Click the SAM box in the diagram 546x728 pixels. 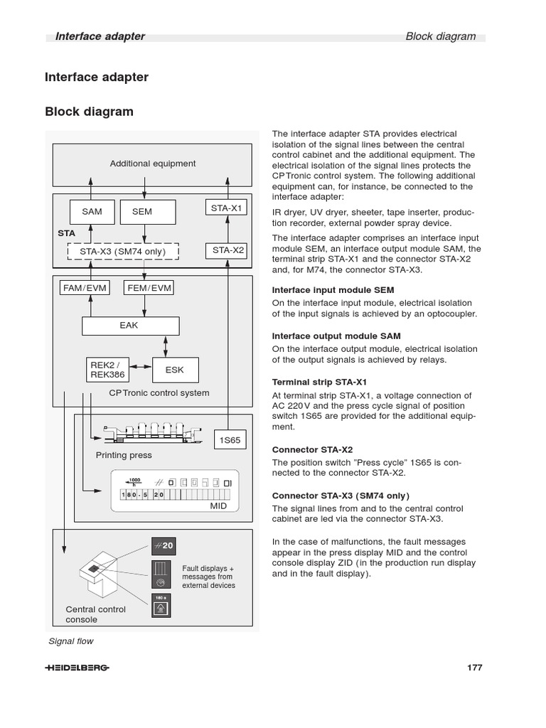(92, 212)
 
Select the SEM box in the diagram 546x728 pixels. (142, 212)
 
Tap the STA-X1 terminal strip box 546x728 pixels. (227, 208)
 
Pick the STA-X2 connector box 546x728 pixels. (227, 250)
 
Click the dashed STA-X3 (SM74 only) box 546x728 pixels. (122, 252)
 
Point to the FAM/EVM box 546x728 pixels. (85, 288)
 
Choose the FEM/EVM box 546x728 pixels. (149, 288)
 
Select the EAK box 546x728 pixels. (130, 326)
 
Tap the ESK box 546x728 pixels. (175, 370)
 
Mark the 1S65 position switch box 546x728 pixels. (230, 440)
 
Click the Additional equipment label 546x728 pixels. (152, 164)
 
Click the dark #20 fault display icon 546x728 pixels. (162, 546)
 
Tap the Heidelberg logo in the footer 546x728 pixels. (77, 668)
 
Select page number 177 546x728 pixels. (474, 668)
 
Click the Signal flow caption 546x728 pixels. (70, 641)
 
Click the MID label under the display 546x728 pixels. (218, 505)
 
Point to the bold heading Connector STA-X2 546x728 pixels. (313, 449)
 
